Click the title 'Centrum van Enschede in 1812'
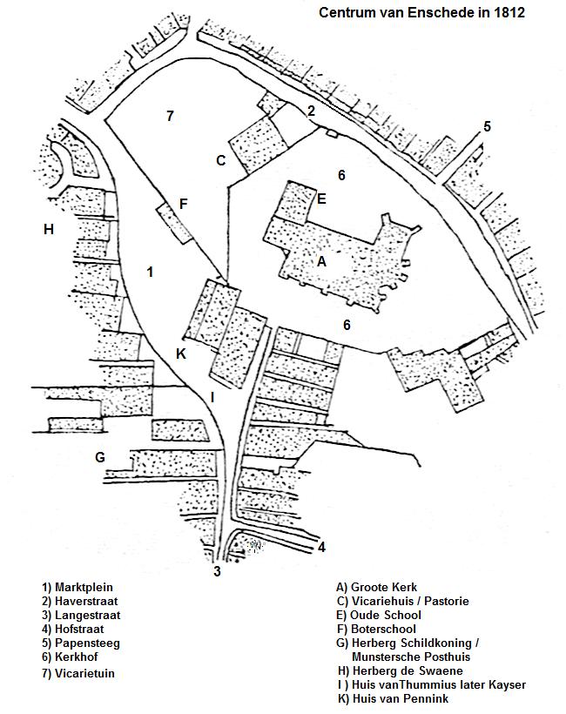pyautogui.click(x=421, y=13)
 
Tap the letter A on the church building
pyautogui.click(x=322, y=260)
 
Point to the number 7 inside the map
pyautogui.click(x=171, y=116)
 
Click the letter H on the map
pyautogui.click(x=49, y=230)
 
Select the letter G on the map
pyautogui.click(x=100, y=456)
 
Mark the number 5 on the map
pyautogui.click(x=488, y=126)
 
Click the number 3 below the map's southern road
pyautogui.click(x=218, y=572)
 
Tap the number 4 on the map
pyautogui.click(x=321, y=548)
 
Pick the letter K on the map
pyautogui.click(x=181, y=354)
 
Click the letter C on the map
pyautogui.click(x=221, y=160)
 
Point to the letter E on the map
pyautogui.click(x=321, y=199)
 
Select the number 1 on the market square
pyautogui.click(x=150, y=272)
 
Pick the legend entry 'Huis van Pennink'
pyautogui.click(x=393, y=698)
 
